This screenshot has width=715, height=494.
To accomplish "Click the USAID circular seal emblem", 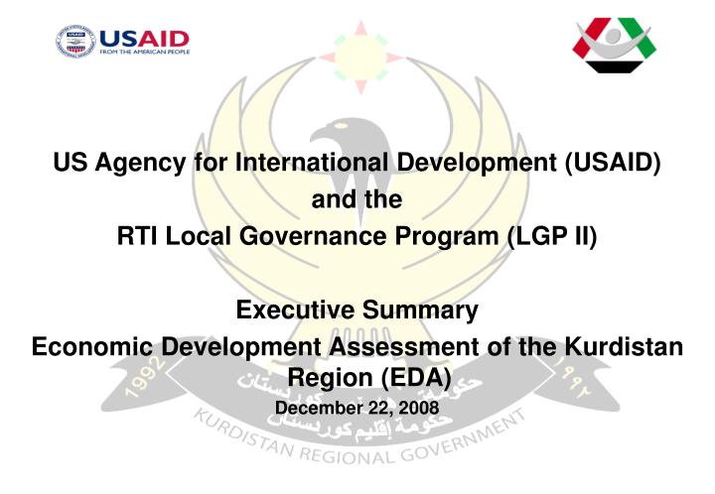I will coord(75,43).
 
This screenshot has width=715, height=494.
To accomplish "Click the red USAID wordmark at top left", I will coord(144,38).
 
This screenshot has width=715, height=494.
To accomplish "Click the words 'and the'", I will coord(357,200).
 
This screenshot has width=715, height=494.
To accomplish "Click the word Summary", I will coord(425,311).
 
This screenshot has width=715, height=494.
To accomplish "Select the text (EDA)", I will coord(410,378).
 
